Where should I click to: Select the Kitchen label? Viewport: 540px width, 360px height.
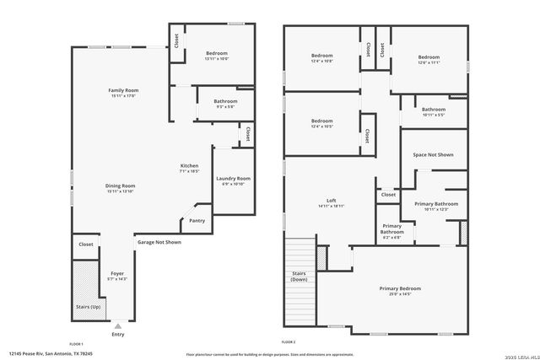[189, 168]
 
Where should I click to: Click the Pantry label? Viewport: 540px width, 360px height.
[197, 221]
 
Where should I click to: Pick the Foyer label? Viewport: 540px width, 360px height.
[116, 275]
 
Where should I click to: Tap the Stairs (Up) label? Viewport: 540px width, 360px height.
[88, 307]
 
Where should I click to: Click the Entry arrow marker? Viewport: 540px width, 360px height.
[117, 325]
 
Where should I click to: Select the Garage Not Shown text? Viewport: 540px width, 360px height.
[159, 242]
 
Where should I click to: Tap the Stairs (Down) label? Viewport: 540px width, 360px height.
[299, 277]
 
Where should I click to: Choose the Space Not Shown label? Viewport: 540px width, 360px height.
[433, 155]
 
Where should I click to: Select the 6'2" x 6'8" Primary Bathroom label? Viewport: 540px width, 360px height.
[391, 228]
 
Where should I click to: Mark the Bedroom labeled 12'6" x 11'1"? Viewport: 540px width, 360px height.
[429, 60]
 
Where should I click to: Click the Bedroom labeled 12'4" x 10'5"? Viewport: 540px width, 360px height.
[321, 123]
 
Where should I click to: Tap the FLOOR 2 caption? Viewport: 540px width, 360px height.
[289, 341]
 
